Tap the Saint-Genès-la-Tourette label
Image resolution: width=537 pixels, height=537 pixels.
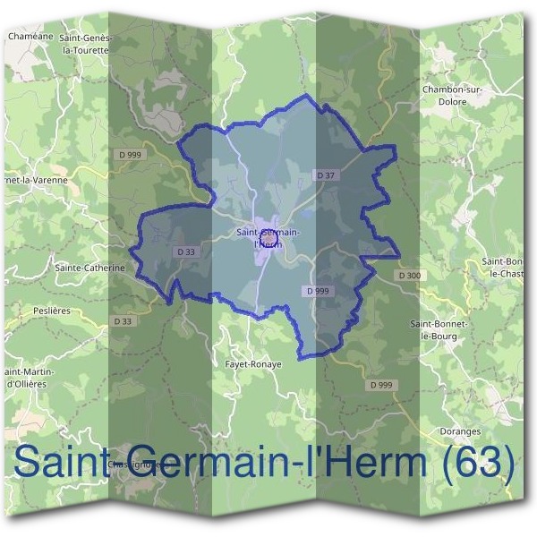[84, 44]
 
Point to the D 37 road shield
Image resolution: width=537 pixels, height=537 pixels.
[324, 175]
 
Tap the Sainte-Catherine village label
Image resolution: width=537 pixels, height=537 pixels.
[89, 267]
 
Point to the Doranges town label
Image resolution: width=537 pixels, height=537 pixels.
[461, 430]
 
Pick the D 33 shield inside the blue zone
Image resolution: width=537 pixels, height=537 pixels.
[186, 252]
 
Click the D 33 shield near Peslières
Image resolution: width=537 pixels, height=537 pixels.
[123, 320]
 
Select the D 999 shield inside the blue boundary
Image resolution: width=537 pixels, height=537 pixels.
[316, 291]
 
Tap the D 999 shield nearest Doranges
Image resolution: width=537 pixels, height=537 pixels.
[381, 384]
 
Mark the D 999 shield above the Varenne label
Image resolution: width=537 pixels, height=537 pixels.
[130, 155]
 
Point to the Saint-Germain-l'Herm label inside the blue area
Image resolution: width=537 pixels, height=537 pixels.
[268, 238]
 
